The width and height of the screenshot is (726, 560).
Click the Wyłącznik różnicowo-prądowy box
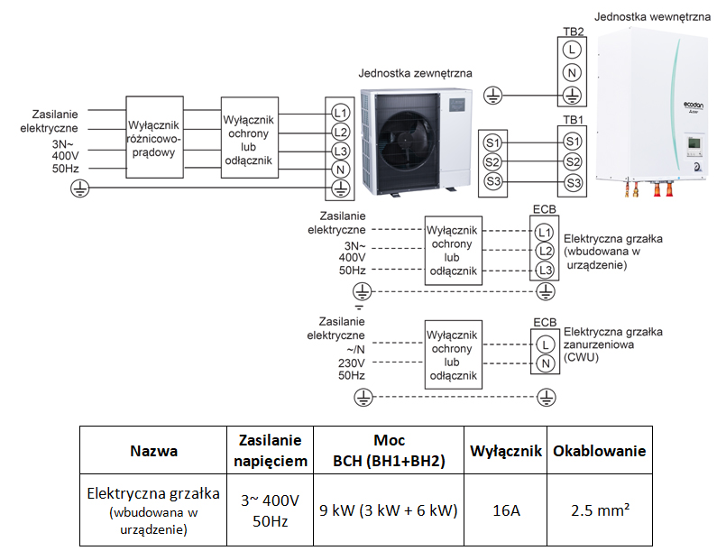pyautogui.click(x=154, y=137)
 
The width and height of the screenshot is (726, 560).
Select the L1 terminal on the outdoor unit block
pyautogui.click(x=340, y=113)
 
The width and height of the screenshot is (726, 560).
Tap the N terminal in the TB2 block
pyautogui.click(x=572, y=73)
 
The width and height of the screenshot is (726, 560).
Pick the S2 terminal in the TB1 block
pyautogui.click(x=573, y=162)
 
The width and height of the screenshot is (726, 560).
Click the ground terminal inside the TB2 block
pyautogui.click(x=572, y=96)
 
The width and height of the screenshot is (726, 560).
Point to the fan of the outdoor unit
pyautogui.click(x=406, y=139)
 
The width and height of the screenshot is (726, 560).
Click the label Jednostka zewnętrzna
pyautogui.click(x=415, y=73)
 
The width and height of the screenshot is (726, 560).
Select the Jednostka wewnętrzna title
pyautogui.click(x=652, y=17)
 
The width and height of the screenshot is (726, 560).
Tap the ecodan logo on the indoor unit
pyautogui.click(x=694, y=106)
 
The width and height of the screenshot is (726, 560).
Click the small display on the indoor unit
pyautogui.click(x=694, y=142)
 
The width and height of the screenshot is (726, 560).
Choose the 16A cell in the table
pyautogui.click(x=506, y=510)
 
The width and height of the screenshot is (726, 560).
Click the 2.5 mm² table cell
pyautogui.click(x=600, y=510)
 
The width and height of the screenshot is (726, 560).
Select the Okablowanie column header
pyautogui.click(x=599, y=451)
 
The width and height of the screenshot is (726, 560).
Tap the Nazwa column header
pyautogui.click(x=153, y=451)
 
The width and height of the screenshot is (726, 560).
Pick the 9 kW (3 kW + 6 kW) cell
pyautogui.click(x=389, y=510)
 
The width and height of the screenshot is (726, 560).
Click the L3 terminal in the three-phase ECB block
pyautogui.click(x=545, y=270)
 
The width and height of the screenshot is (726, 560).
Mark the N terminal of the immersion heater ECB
pyautogui.click(x=546, y=363)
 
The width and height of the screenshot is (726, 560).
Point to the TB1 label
pyautogui.click(x=574, y=120)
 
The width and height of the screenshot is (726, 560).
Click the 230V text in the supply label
pyautogui.click(x=352, y=363)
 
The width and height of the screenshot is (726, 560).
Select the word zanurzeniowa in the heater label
pyautogui.click(x=599, y=344)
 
